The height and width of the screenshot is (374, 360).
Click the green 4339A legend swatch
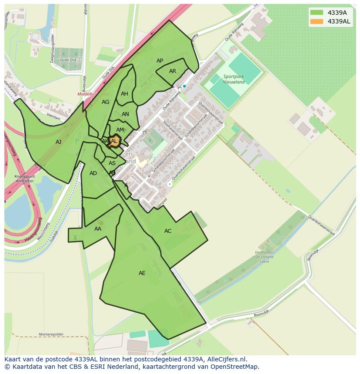[x=317, y=12]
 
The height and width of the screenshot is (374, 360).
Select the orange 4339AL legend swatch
[x=317, y=21]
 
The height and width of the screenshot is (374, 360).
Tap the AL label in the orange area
[x=114, y=141]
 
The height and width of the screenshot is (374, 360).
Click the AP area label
[x=160, y=61]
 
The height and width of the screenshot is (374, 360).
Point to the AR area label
[x=173, y=71]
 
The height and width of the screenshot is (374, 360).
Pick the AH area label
[x=124, y=94]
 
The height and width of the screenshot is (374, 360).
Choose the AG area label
[x=105, y=102]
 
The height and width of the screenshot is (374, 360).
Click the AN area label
[x=125, y=115]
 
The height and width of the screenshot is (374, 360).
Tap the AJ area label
[x=58, y=142]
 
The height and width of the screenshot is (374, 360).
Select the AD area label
[x=93, y=173]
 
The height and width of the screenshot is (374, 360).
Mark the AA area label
[x=98, y=229]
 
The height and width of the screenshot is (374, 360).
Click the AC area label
[x=168, y=231]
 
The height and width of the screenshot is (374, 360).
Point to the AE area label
[x=142, y=273]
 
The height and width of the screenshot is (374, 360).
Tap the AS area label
[x=112, y=163]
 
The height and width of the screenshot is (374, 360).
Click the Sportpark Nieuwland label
[x=234, y=79]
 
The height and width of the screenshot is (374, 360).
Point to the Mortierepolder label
[x=51, y=334]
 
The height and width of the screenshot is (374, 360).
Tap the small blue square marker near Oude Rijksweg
[x=184, y=86]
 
